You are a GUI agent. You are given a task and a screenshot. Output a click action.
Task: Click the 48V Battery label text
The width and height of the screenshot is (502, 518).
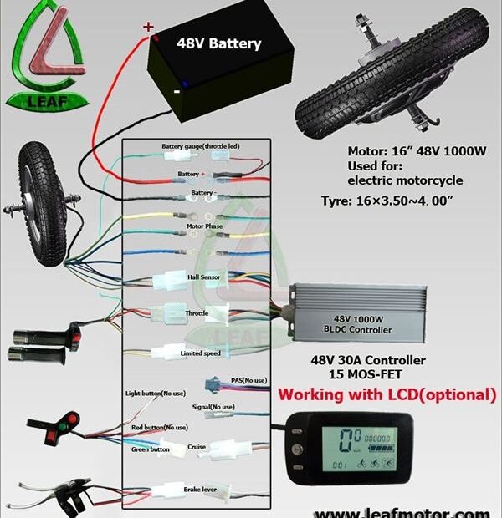pos(218,43)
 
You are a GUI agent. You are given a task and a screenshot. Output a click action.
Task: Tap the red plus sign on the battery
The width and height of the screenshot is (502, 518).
pos(149,27)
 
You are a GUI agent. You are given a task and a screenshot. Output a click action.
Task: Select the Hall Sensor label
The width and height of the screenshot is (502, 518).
pos(203,276)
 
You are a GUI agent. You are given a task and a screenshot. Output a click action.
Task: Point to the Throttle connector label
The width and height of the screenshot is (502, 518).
pos(197,313)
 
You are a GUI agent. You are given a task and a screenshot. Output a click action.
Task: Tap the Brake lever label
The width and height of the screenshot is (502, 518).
pos(199,486)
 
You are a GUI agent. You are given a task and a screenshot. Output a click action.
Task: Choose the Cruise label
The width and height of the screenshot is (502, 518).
pos(197,446)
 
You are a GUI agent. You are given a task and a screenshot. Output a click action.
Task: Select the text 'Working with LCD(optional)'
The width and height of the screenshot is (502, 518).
pos(387,394)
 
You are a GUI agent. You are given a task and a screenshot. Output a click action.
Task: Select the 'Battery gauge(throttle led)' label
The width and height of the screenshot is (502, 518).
pos(201,146)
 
